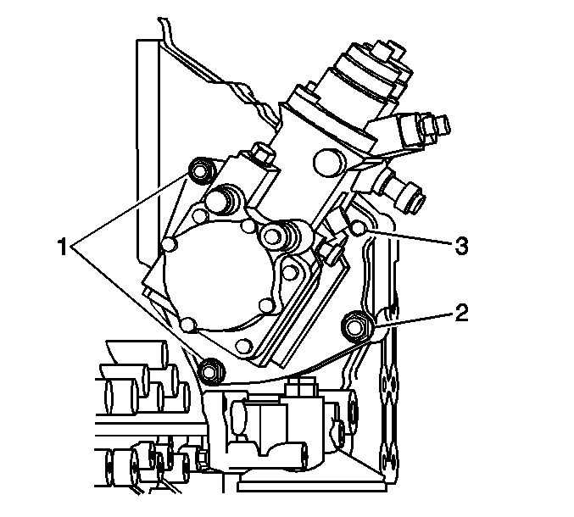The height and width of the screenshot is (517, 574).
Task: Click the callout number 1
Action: pos(63,247)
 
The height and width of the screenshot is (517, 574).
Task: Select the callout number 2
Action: pos(461,313)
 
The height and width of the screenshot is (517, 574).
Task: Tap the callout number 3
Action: pos(461,246)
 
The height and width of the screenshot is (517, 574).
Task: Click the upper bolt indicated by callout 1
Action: pos(201,170)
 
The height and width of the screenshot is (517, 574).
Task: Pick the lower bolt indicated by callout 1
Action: pos(212,372)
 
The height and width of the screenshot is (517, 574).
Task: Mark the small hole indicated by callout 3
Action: pos(359,229)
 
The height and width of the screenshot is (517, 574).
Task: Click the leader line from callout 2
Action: pos(412,319)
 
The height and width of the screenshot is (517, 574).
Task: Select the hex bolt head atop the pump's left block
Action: pos(261,153)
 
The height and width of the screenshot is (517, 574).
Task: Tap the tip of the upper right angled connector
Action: pos(444,125)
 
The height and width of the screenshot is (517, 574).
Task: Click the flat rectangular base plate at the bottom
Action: pos(312,486)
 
